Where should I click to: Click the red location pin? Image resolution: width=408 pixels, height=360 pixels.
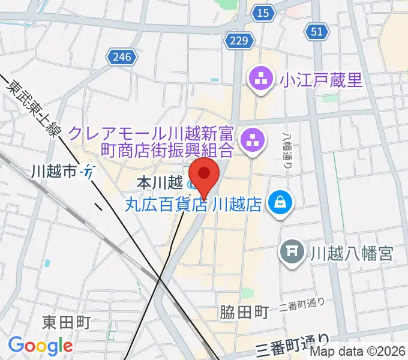(204, 175)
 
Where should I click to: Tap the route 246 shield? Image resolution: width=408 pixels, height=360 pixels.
(121, 57)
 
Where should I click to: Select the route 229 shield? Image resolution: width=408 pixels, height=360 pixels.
(238, 40)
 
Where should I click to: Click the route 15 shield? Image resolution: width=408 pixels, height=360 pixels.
(261, 13)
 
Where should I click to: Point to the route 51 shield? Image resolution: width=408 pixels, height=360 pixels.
(317, 31)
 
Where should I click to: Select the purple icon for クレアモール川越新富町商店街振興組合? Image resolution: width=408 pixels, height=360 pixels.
(249, 142)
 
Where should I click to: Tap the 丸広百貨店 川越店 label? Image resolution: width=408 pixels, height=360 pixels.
(193, 205)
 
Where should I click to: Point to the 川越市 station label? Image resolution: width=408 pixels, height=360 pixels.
(54, 172)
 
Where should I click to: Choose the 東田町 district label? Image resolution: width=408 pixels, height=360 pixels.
(66, 322)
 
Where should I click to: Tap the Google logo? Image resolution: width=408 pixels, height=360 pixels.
(40, 346)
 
